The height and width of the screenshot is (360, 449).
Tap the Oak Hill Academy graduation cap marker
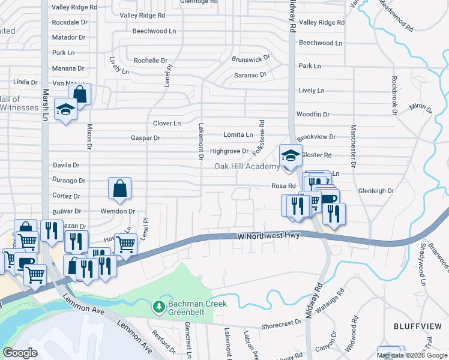(x=291, y=155)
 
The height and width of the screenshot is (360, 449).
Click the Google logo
(x=20, y=353)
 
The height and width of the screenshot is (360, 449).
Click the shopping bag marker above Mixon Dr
(x=79, y=94)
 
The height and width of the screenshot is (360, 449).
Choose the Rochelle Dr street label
(x=150, y=61)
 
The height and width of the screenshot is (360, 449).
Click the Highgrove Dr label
(x=229, y=151)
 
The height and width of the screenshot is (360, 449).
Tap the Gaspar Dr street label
(x=145, y=138)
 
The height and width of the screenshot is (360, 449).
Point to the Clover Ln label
(x=167, y=123)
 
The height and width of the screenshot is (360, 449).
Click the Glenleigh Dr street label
(x=375, y=191)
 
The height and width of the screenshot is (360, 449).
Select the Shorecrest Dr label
(x=282, y=323)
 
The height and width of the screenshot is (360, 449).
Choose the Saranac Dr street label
(x=250, y=76)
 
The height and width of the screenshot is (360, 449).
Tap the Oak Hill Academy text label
(x=247, y=167)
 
